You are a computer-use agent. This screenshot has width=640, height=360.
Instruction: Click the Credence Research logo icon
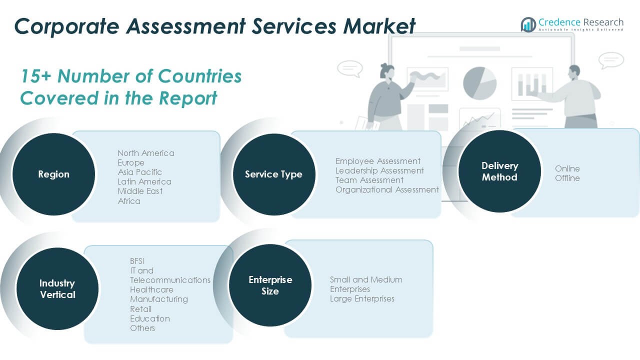[528, 24]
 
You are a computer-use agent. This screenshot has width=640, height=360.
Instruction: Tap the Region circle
[53, 174]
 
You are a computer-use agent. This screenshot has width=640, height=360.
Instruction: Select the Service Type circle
[273, 174]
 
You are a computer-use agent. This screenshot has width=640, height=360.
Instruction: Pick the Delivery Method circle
[499, 171]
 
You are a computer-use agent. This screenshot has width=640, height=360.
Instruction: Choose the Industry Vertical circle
[57, 289]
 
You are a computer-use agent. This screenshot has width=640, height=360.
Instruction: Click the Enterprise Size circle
[270, 285]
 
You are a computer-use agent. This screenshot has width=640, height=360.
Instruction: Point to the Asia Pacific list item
[139, 172]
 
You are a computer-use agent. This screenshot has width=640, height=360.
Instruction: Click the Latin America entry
[144, 181]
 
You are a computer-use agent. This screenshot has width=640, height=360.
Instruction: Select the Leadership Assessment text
[379, 170]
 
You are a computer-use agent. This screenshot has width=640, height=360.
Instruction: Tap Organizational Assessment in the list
[387, 189]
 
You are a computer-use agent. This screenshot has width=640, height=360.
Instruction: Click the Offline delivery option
[567, 178]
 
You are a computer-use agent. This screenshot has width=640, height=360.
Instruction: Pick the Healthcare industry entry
[151, 289]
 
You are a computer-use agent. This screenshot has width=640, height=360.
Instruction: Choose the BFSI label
[137, 261]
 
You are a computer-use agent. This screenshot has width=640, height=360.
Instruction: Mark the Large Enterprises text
[362, 298]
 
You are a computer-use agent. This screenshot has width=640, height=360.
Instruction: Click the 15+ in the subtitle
[35, 76]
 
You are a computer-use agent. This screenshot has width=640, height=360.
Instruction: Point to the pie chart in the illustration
[479, 82]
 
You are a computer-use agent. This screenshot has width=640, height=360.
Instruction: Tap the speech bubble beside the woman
[349, 68]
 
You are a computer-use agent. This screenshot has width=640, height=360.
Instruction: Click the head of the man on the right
[574, 71]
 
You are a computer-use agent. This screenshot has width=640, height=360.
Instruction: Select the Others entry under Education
[142, 328]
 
